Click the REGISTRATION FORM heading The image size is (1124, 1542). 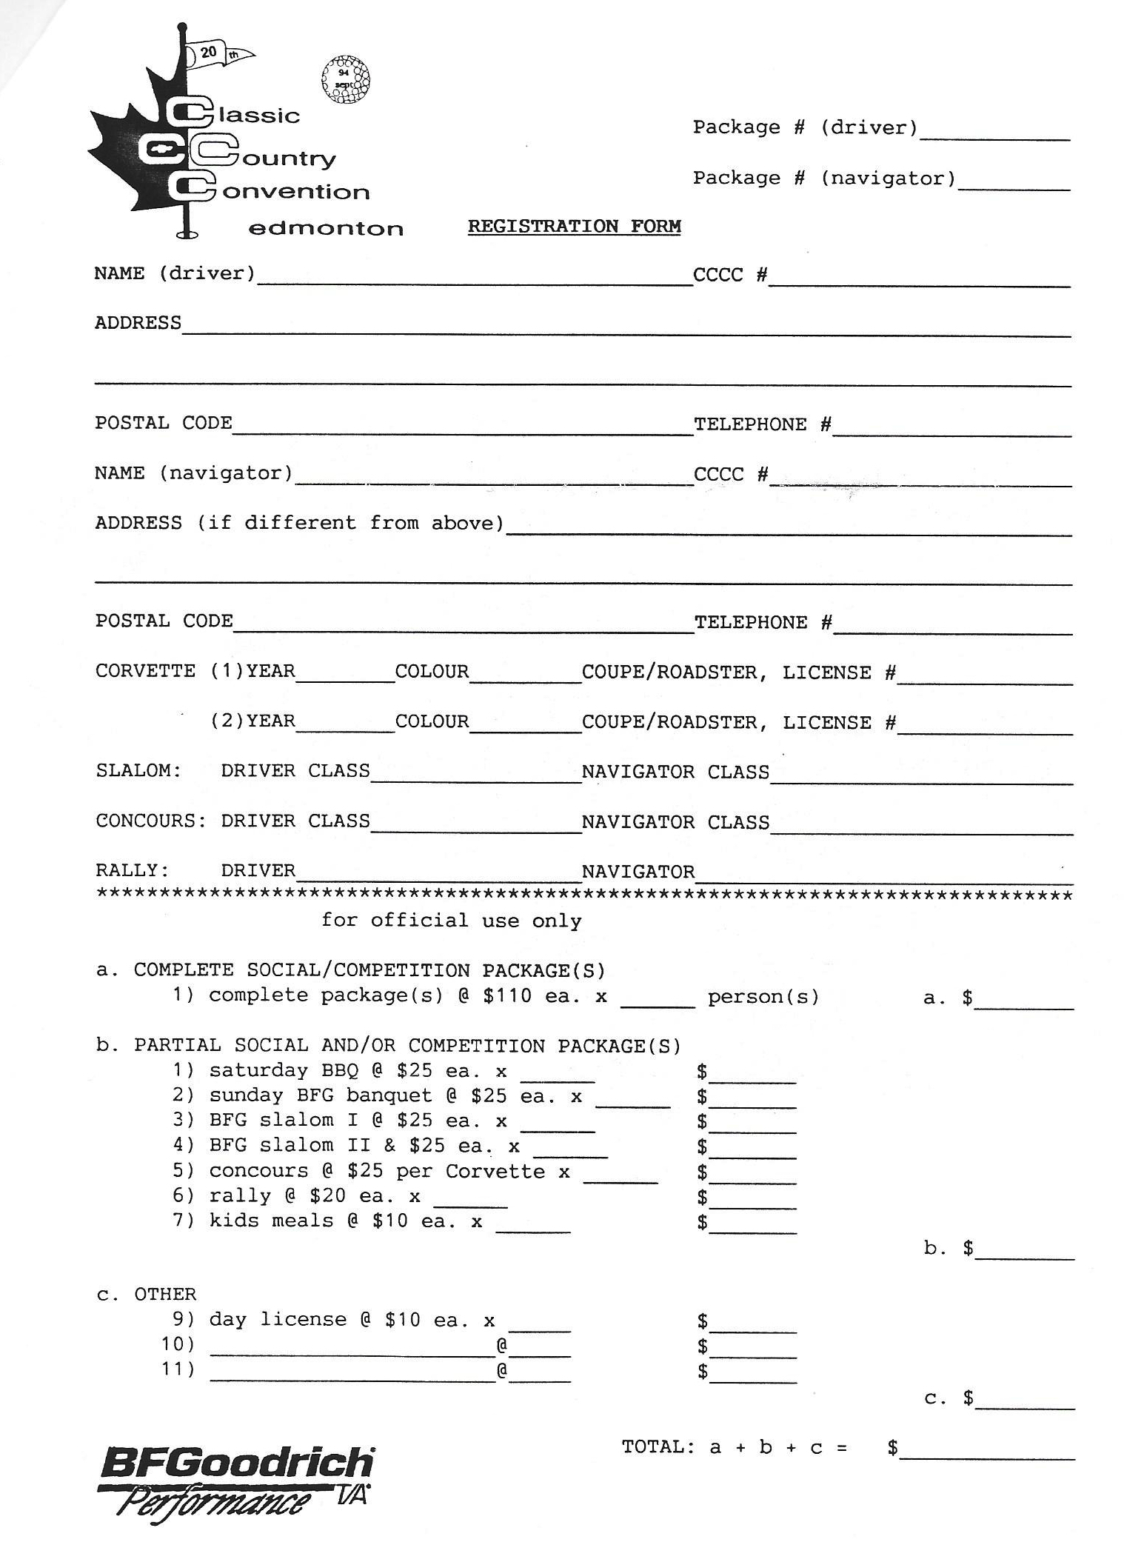(x=574, y=226)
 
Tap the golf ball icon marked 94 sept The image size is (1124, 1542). (x=346, y=79)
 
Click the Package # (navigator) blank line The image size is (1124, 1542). (x=1014, y=185)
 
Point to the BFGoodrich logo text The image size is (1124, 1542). (x=237, y=1463)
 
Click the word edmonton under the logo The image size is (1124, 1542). (x=326, y=228)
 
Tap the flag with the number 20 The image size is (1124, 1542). (x=215, y=53)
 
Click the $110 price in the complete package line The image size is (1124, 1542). (x=507, y=995)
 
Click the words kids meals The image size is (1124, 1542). (x=271, y=1220)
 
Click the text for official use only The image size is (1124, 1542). (x=451, y=920)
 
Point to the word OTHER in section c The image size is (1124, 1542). (x=165, y=1294)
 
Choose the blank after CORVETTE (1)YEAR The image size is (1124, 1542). (x=344, y=678)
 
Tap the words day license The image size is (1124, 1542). (x=278, y=1319)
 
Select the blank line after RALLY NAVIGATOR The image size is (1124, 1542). (x=883, y=878)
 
